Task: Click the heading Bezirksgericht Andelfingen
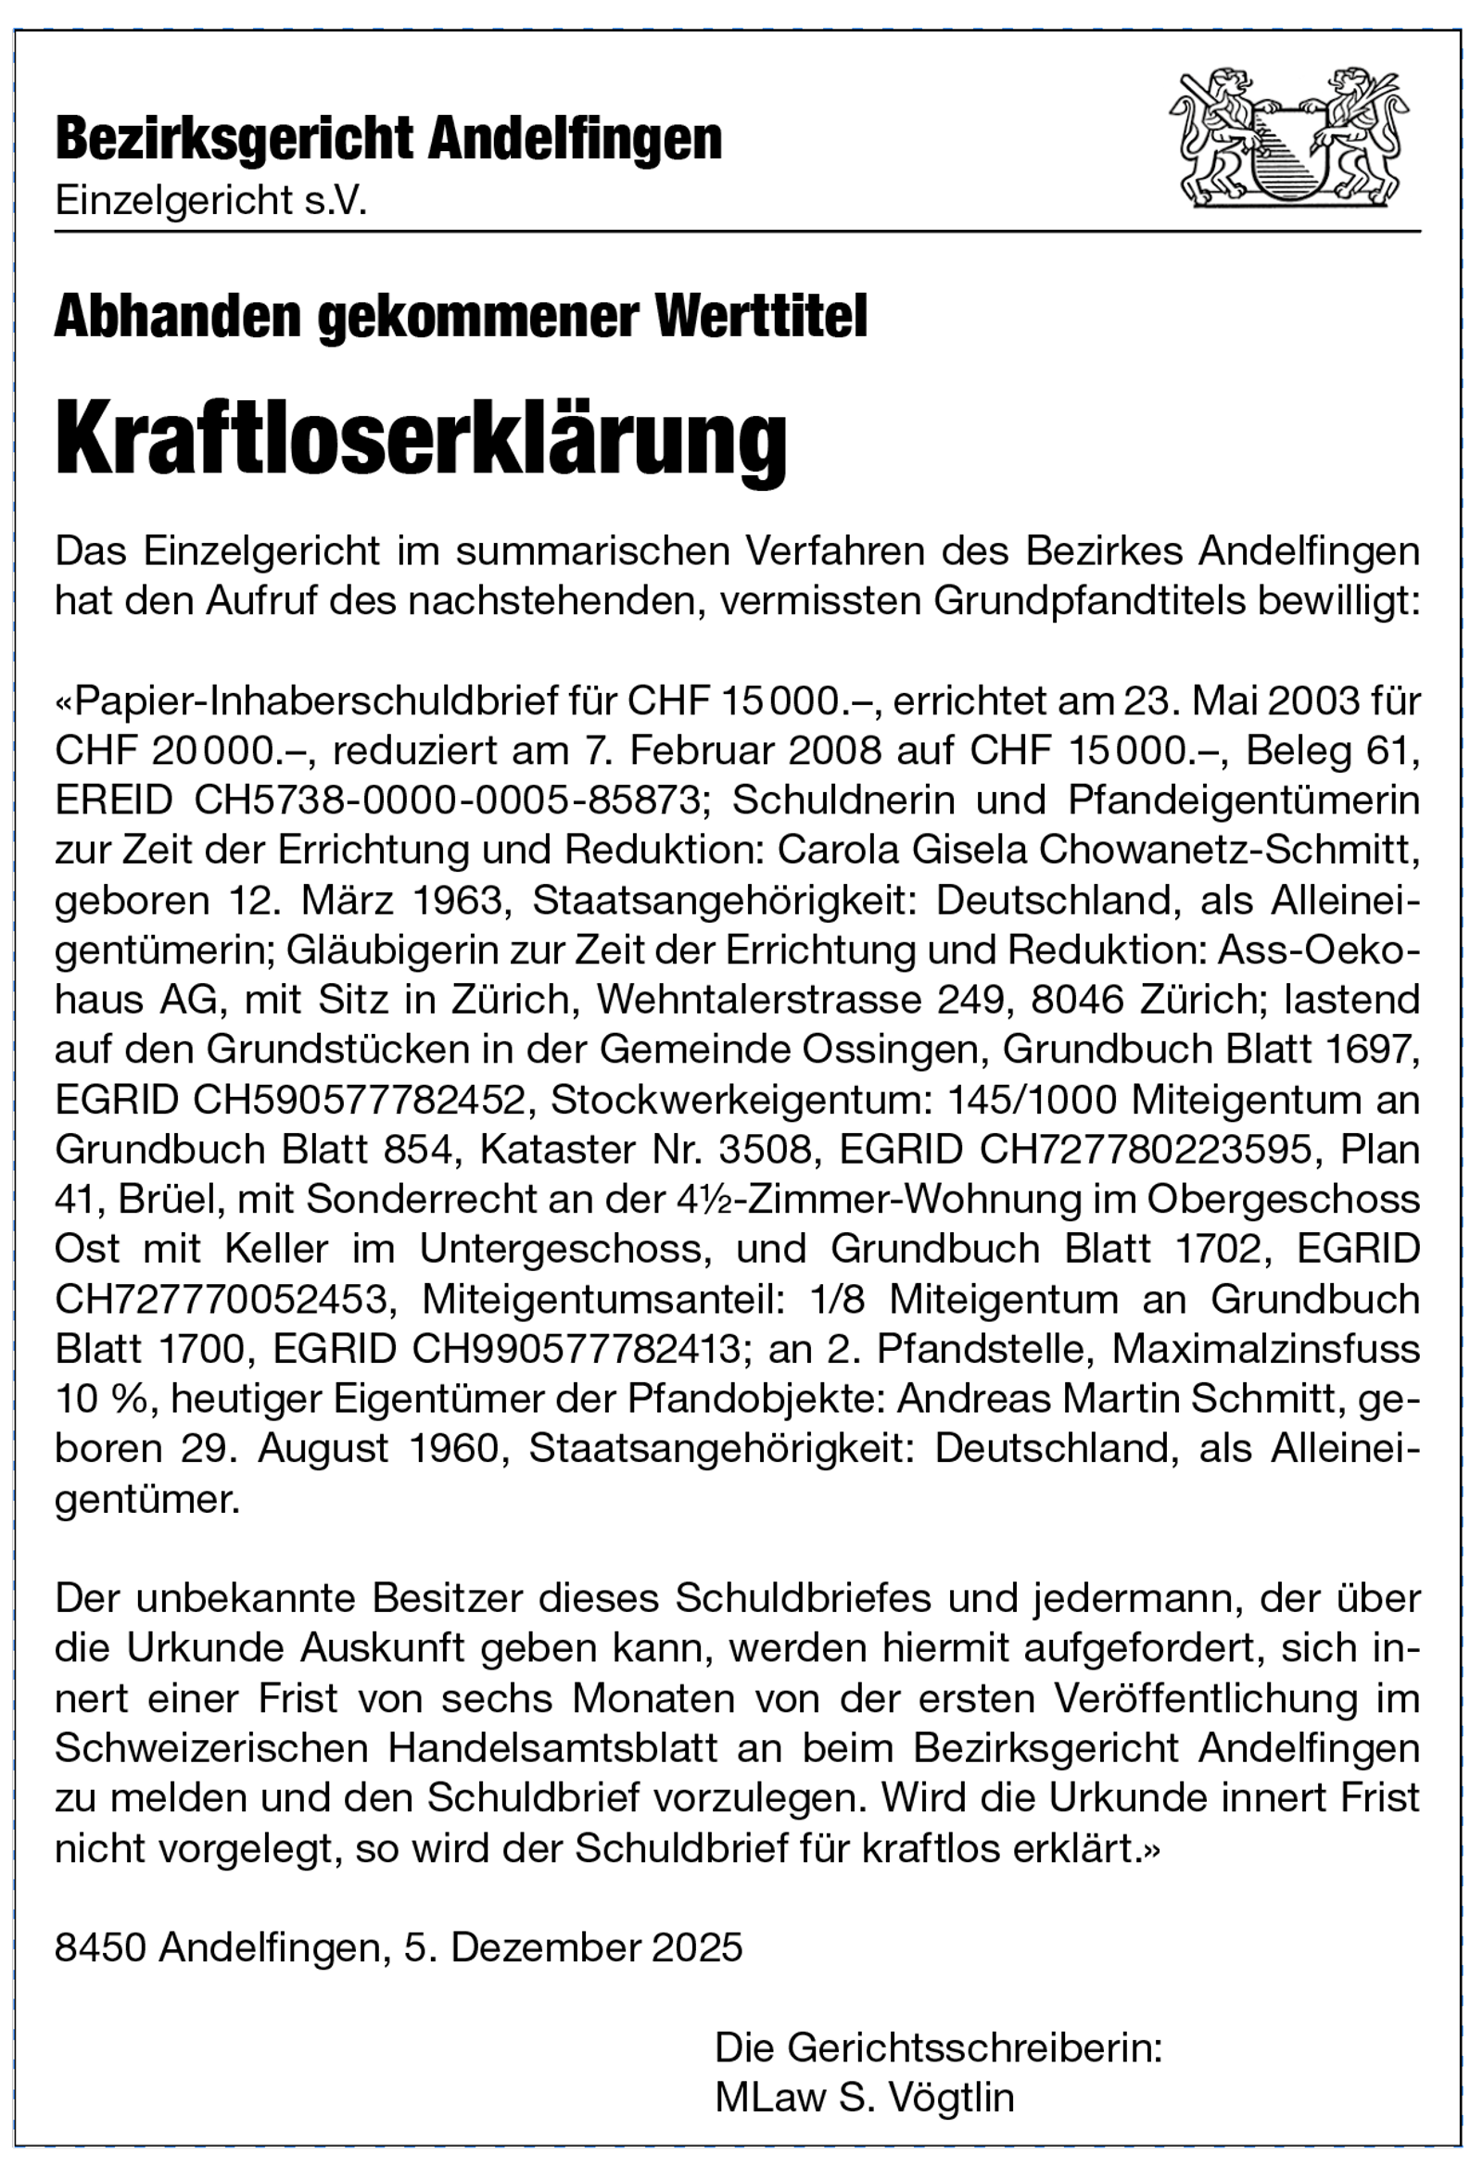tap(388, 140)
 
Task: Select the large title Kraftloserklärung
tap(421, 438)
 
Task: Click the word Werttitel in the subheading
tap(762, 316)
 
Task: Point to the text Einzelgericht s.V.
tap(210, 200)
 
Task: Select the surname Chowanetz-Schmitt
tap(1229, 850)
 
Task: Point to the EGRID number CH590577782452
tap(359, 1101)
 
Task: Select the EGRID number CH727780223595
tap(1145, 1150)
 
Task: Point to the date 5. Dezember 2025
tap(573, 1947)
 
